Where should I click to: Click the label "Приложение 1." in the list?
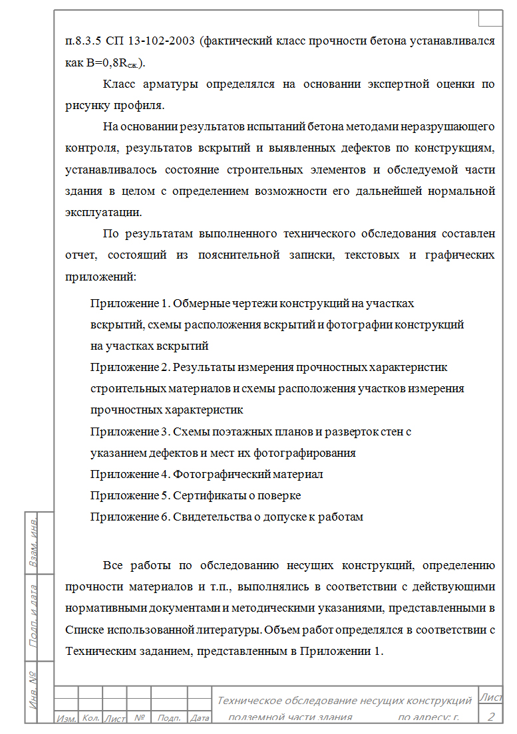pyautogui.click(x=130, y=304)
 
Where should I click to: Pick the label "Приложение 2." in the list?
pyautogui.click(x=130, y=367)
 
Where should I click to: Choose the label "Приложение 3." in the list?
pyautogui.click(x=130, y=431)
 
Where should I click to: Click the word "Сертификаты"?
pyautogui.click(x=207, y=495)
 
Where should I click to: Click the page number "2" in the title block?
pyautogui.click(x=491, y=716)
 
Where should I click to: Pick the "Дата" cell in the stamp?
pyautogui.click(x=200, y=718)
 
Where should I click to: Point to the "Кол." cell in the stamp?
pyautogui.click(x=90, y=718)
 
